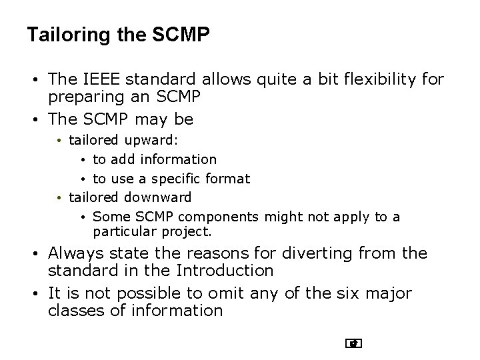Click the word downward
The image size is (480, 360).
(x=158, y=197)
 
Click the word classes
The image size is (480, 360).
(x=73, y=310)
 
